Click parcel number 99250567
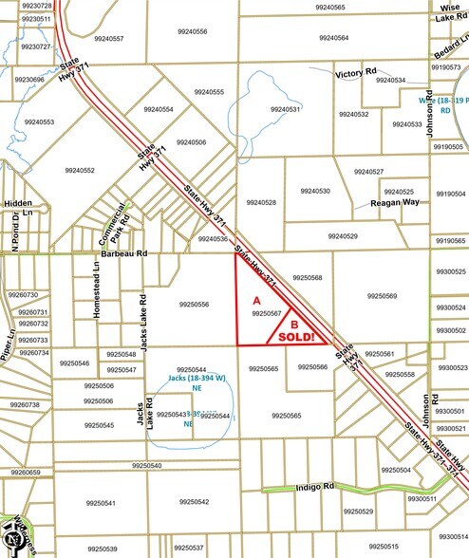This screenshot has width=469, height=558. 266,312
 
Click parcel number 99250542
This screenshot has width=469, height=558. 192,502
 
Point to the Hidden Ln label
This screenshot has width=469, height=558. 18,208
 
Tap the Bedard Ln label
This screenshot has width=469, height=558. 446,45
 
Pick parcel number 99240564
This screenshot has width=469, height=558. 333,38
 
